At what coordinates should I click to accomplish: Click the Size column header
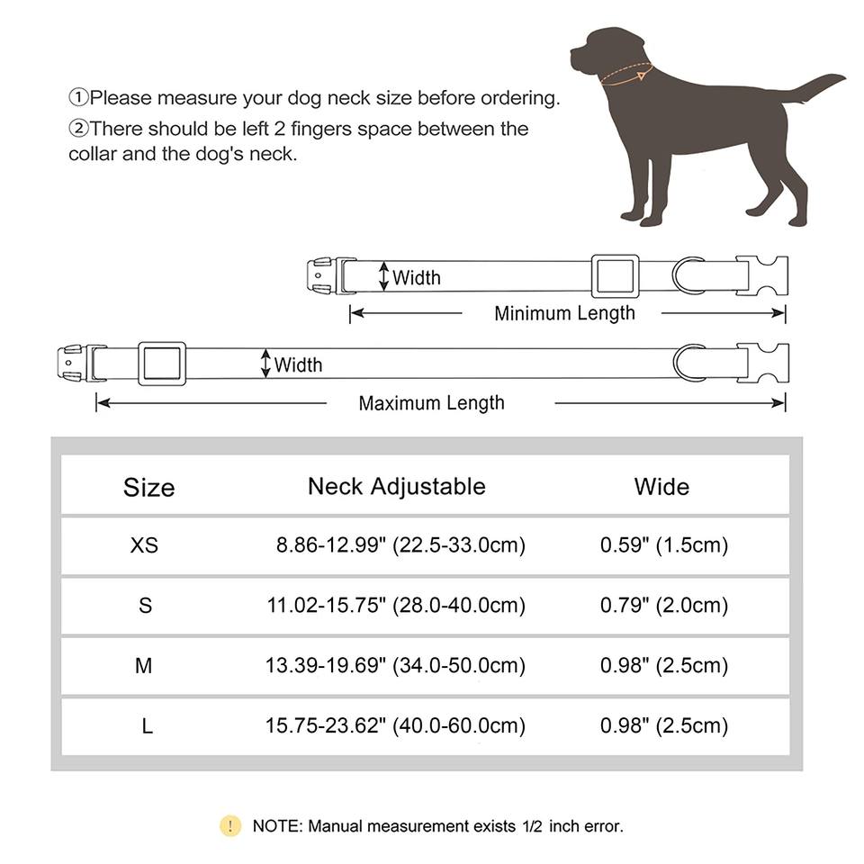coord(148,488)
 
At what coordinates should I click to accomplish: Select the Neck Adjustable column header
coord(396,487)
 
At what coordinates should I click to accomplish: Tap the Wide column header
coord(661,487)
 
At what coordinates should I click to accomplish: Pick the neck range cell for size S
coord(396,606)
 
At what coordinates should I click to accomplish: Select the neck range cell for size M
coord(396,666)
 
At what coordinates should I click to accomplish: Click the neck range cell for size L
coord(396,725)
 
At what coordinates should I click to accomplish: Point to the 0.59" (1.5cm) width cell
coord(664,545)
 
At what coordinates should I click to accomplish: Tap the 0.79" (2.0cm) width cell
coord(664,606)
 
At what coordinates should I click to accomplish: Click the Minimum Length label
coord(564,313)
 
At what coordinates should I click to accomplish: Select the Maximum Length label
coord(431,403)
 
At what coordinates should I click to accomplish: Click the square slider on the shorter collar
coord(615,275)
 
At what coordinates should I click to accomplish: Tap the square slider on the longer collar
coord(162,363)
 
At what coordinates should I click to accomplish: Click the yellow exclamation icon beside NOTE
coord(230,825)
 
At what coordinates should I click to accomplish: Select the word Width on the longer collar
coord(298,364)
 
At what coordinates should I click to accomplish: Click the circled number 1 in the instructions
coord(78,98)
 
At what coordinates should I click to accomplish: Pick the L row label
coord(147,725)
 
